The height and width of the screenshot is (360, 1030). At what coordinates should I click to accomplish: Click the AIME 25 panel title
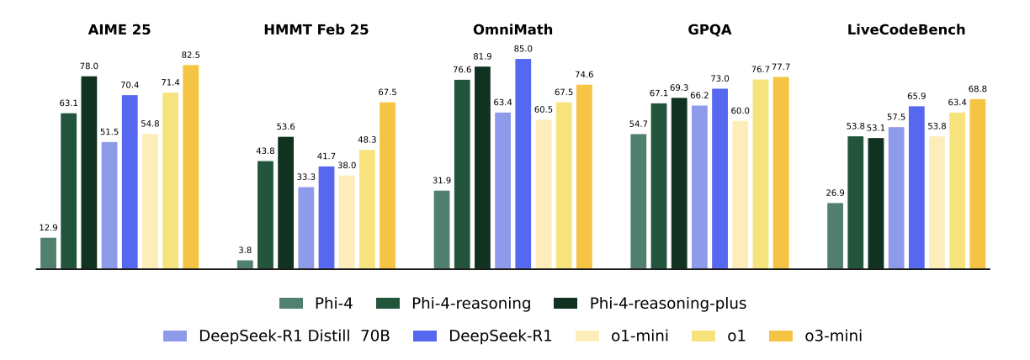119,29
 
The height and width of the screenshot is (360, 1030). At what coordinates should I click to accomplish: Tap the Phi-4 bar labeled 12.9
49,253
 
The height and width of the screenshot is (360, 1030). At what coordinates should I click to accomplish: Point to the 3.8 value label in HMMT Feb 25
245,250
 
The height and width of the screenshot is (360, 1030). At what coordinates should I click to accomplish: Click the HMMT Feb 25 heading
316,29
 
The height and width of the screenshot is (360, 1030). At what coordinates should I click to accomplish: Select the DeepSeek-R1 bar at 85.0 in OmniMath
523,164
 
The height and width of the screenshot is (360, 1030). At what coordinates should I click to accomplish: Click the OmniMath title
512,29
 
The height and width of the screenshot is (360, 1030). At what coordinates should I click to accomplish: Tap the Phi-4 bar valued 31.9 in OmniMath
442,230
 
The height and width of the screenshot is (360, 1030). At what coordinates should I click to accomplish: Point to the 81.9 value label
482,56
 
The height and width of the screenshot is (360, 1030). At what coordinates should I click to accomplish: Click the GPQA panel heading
709,29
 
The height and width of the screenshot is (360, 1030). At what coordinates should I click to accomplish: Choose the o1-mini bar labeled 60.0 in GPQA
741,195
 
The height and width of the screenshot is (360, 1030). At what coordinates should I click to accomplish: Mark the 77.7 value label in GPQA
781,67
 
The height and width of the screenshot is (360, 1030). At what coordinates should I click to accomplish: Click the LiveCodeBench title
906,29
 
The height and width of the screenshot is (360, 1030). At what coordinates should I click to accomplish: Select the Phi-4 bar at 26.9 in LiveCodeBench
835,236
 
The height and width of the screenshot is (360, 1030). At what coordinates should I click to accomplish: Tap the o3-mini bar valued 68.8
978,184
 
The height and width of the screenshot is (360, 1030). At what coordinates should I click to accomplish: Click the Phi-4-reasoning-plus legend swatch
567,304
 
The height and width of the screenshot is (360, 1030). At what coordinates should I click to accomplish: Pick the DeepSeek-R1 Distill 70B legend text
295,336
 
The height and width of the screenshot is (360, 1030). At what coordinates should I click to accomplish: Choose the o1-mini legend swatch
587,336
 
